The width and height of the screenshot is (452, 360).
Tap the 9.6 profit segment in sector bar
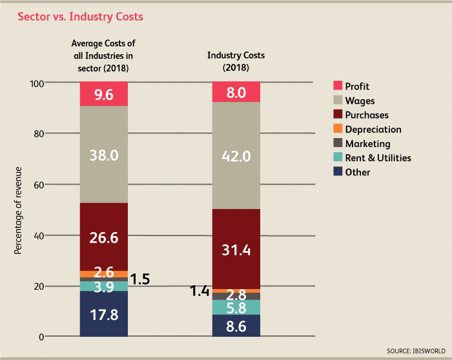104,94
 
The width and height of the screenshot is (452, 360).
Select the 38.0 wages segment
104,155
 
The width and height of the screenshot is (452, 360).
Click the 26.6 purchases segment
104,237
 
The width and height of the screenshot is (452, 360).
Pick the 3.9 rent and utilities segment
104,286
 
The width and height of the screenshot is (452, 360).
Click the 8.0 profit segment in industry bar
236,92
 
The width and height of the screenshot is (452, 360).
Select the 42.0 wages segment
236,155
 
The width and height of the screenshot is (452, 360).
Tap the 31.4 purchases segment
236,249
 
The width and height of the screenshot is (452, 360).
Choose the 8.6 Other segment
236,326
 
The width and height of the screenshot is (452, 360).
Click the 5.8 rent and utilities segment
236,308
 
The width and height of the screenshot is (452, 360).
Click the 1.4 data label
200,292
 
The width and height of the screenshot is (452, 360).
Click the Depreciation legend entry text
373,129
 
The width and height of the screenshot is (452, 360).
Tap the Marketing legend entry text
367,143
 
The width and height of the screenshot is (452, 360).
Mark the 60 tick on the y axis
36,185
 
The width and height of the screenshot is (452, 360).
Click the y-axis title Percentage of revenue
18,210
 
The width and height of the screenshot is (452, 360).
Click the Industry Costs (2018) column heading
236,61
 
